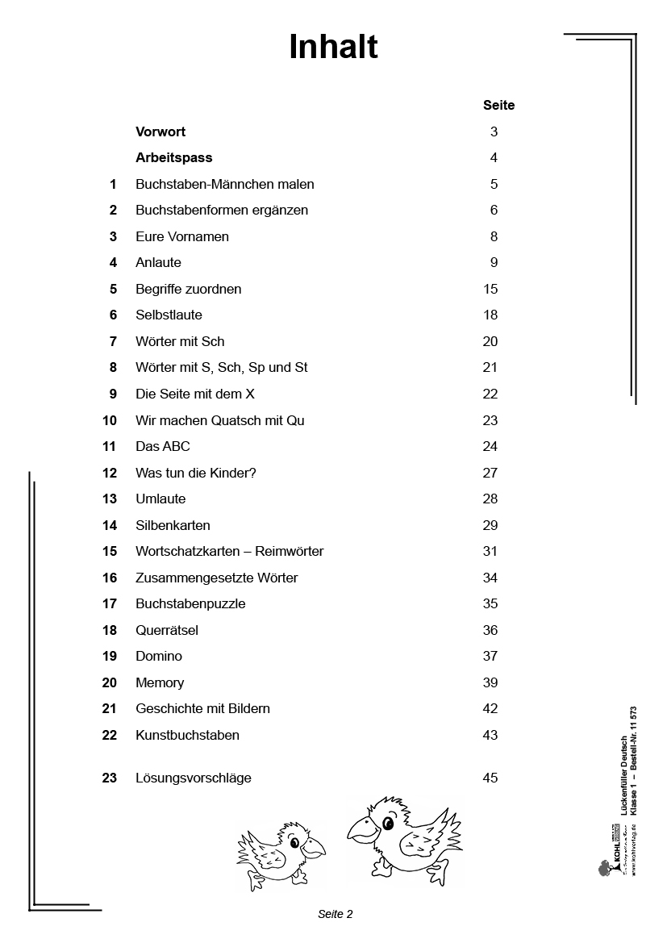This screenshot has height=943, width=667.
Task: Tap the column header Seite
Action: tap(498, 106)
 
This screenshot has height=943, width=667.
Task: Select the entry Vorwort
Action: tap(160, 131)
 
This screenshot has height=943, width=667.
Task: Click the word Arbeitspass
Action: tap(173, 158)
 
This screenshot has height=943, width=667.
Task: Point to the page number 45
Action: tap(490, 778)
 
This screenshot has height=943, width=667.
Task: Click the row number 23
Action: tap(110, 778)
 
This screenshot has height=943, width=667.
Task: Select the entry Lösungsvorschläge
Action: tap(194, 778)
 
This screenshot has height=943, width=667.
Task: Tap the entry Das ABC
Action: tap(163, 447)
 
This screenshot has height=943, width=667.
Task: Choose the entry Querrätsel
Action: tap(167, 631)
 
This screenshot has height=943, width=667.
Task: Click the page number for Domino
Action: tap(490, 657)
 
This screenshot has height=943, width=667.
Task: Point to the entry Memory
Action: tap(160, 683)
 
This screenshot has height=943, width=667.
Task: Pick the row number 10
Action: tap(110, 421)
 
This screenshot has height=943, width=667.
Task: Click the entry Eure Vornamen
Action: tap(182, 237)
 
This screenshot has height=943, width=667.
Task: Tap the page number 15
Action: tap(490, 290)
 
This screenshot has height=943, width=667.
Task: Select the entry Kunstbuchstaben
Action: tap(187, 736)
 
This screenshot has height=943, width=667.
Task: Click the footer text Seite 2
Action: tap(336, 914)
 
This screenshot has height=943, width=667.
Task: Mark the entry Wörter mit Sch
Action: tap(180, 342)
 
